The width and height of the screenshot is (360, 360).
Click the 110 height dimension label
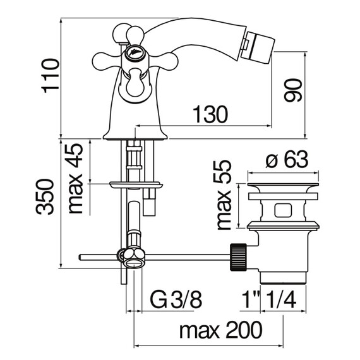[50, 76]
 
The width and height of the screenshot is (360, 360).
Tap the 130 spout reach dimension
[210, 114]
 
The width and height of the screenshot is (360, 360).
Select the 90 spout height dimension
[292, 90]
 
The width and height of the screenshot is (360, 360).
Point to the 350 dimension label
[45, 197]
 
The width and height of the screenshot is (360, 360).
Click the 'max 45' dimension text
[76, 179]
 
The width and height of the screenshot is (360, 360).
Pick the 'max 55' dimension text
[224, 195]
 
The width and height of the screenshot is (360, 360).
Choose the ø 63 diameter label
[287, 159]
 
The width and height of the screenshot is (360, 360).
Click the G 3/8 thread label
[176, 299]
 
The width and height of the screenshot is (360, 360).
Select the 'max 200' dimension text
[220, 330]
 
